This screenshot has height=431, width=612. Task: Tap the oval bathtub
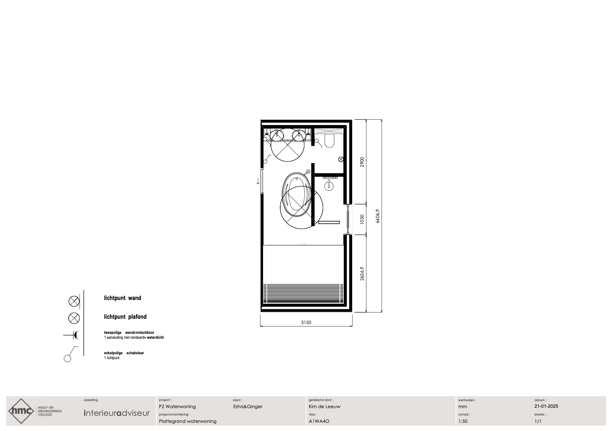point(297,195)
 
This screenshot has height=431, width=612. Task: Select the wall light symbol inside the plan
point(341,159)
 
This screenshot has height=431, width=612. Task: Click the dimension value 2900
point(362,162)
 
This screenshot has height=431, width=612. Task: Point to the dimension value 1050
point(362,219)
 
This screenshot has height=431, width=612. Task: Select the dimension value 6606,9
point(377,216)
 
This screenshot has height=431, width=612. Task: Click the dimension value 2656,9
point(362,273)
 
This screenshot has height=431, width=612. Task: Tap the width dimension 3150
point(306,322)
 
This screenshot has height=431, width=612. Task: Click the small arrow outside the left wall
point(258,181)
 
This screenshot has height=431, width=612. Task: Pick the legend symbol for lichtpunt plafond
point(74,318)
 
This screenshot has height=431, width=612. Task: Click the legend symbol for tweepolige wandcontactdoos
point(71,335)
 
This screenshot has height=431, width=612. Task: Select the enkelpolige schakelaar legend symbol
point(71,354)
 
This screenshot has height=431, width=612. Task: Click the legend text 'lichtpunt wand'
point(123,298)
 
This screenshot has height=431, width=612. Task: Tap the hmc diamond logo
point(21,411)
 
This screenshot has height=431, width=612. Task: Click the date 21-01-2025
point(546,406)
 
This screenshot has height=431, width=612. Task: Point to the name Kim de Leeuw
point(324,407)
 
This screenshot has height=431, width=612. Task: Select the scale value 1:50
point(463,421)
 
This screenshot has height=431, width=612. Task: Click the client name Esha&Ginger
point(248,407)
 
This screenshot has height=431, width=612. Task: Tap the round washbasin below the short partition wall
point(329,186)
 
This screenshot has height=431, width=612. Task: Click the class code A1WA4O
point(319,421)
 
